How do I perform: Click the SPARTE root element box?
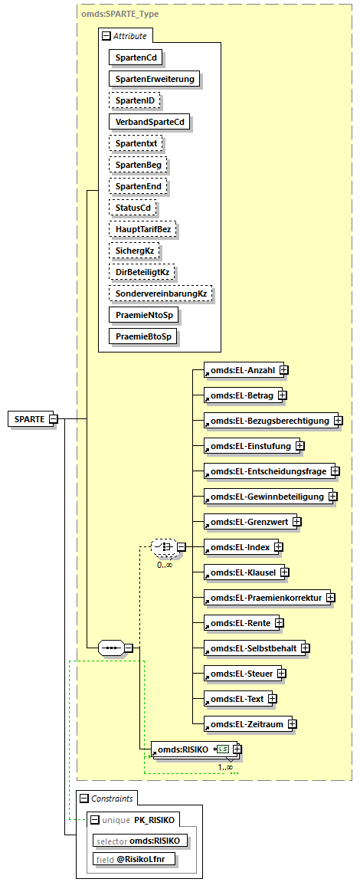(28, 418)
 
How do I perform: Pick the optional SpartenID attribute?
(136, 100)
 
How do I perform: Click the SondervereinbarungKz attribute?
(161, 294)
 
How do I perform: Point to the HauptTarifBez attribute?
(142, 229)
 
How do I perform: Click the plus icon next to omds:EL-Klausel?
(283, 572)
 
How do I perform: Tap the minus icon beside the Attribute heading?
(106, 35)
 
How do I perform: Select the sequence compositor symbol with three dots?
(111, 648)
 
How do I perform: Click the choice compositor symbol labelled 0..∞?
(162, 546)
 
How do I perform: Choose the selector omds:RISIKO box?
(140, 840)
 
